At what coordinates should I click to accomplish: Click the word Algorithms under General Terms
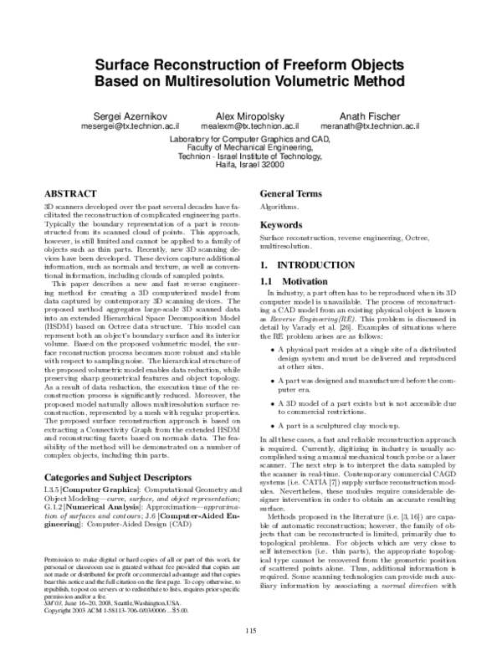point(279,206)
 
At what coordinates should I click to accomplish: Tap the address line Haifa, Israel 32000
point(251,166)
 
